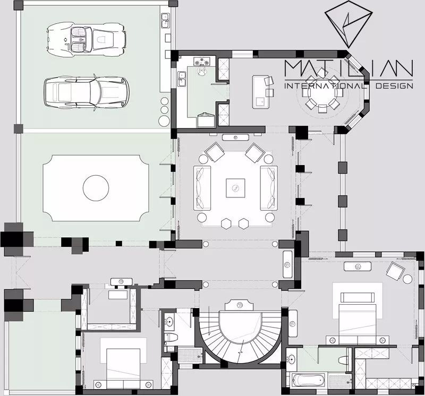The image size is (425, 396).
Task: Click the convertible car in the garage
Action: coord(86,39)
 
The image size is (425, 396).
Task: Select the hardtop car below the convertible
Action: coord(87,92)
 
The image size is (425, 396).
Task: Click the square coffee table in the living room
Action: coord(235,188)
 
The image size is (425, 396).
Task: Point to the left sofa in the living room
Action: coord(202,188)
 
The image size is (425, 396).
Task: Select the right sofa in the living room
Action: coord(269,188)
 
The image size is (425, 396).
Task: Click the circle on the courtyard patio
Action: coord(96,188)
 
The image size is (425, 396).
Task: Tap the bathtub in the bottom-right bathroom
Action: coord(309,380)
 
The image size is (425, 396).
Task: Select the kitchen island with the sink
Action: coord(261,92)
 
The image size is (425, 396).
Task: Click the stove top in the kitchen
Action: coord(202,61)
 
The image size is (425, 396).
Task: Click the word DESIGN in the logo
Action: coord(394,86)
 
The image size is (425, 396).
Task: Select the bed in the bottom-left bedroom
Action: coord(123,364)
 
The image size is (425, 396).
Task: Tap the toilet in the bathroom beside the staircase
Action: coord(171,338)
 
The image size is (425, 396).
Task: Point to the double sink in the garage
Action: coord(165,21)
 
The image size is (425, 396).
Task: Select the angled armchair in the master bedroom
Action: coord(395,271)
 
